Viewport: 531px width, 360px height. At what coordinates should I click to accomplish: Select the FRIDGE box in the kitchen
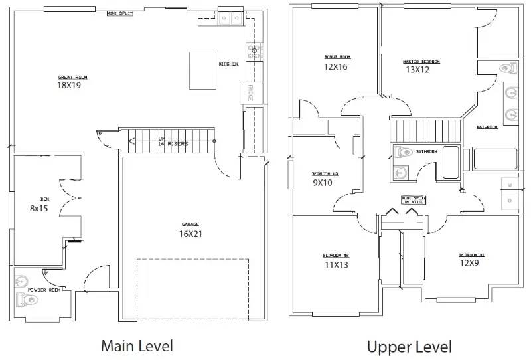pyautogui.click(x=250, y=92)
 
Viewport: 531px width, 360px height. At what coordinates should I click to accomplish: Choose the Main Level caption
pyautogui.click(x=137, y=345)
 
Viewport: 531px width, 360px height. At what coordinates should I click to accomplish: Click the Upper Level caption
pyautogui.click(x=410, y=346)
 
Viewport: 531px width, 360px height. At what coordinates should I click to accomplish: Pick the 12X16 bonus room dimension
pyautogui.click(x=336, y=66)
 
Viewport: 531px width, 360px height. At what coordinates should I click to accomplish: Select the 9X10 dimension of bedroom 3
pyautogui.click(x=323, y=182)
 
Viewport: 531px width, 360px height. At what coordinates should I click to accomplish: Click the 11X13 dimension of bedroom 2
pyautogui.click(x=337, y=264)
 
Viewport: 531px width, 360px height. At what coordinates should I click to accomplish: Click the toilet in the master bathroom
pyautogui.click(x=507, y=68)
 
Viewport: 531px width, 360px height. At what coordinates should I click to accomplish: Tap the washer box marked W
pyautogui.click(x=509, y=185)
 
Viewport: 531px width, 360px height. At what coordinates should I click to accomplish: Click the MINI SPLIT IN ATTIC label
pyautogui.click(x=414, y=199)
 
